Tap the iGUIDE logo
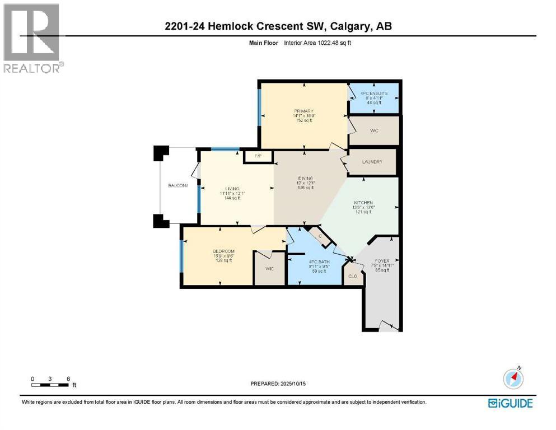click(x=510, y=403)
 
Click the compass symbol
click(x=513, y=378)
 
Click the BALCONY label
click(x=178, y=185)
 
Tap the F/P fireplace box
click(x=258, y=155)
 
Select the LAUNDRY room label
click(x=372, y=162)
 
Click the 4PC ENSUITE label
click(x=373, y=92)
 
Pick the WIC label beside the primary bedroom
click(x=375, y=130)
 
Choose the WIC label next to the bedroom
click(x=269, y=269)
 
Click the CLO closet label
click(x=353, y=276)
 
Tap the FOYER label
click(x=382, y=260)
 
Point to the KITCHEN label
click(x=363, y=202)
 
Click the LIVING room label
click(x=232, y=188)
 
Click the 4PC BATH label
click(x=317, y=261)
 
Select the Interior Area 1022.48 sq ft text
click(x=320, y=43)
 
